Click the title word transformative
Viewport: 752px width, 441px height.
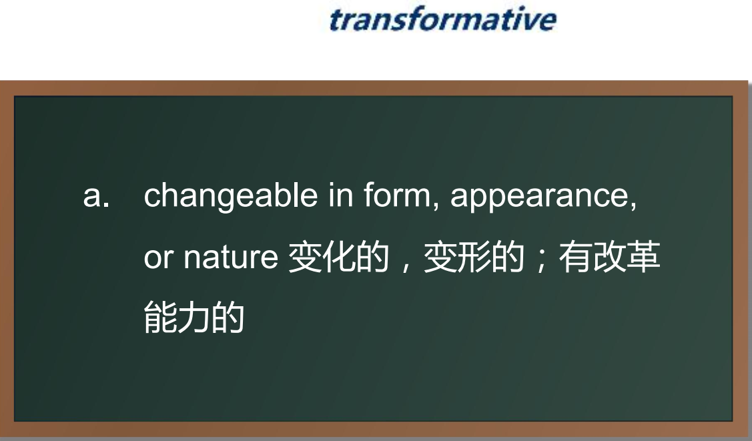(442, 19)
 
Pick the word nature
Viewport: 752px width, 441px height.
(231, 258)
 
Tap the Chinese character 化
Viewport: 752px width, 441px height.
(338, 258)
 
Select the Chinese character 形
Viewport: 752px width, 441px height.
(474, 258)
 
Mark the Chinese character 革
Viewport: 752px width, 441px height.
(643, 258)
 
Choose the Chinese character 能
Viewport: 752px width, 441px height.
(160, 318)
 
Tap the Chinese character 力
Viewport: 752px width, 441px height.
(194, 318)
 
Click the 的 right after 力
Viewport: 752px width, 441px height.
(228, 318)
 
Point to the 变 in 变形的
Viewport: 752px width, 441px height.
(440, 258)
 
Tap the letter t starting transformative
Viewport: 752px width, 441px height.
(336, 20)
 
